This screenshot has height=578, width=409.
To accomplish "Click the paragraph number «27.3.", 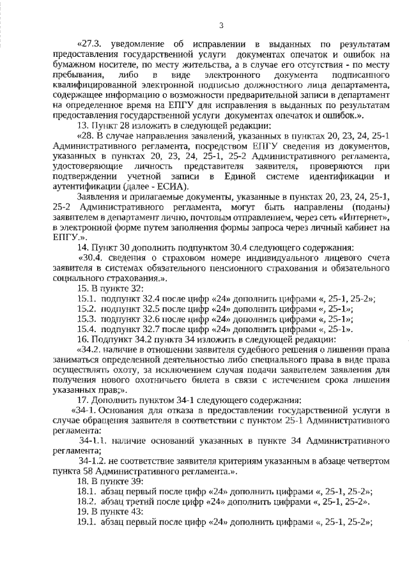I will (x=91, y=44).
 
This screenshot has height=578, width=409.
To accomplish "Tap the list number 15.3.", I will (x=86, y=319).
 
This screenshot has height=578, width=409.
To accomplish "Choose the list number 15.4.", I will (x=86, y=329).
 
